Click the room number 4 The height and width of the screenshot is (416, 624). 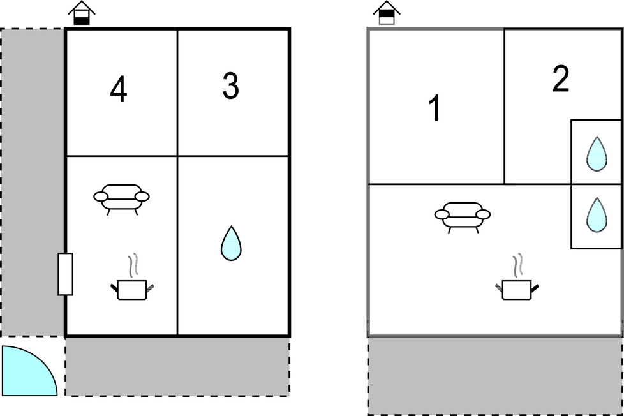119,90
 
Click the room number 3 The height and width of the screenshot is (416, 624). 231,86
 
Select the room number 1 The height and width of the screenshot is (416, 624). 435,108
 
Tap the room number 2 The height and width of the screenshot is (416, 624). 561,79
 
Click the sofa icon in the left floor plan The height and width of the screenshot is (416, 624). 121,199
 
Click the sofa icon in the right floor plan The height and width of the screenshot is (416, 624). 463,217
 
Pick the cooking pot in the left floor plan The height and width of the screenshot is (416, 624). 132,290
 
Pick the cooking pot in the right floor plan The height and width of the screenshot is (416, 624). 517,290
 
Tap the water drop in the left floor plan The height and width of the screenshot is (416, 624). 231,244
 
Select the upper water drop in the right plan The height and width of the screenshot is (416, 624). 597,154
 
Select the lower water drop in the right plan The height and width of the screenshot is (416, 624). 597,215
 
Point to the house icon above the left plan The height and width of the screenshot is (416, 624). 82,13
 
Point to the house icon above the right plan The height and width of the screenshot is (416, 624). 387,13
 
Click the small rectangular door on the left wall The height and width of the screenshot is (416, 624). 65,274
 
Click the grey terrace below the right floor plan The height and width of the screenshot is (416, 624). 495,376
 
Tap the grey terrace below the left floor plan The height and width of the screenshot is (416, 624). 177,367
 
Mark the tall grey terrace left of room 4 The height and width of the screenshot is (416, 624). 33,182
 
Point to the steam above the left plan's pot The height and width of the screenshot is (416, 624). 133,264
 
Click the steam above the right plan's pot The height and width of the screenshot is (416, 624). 517,265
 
